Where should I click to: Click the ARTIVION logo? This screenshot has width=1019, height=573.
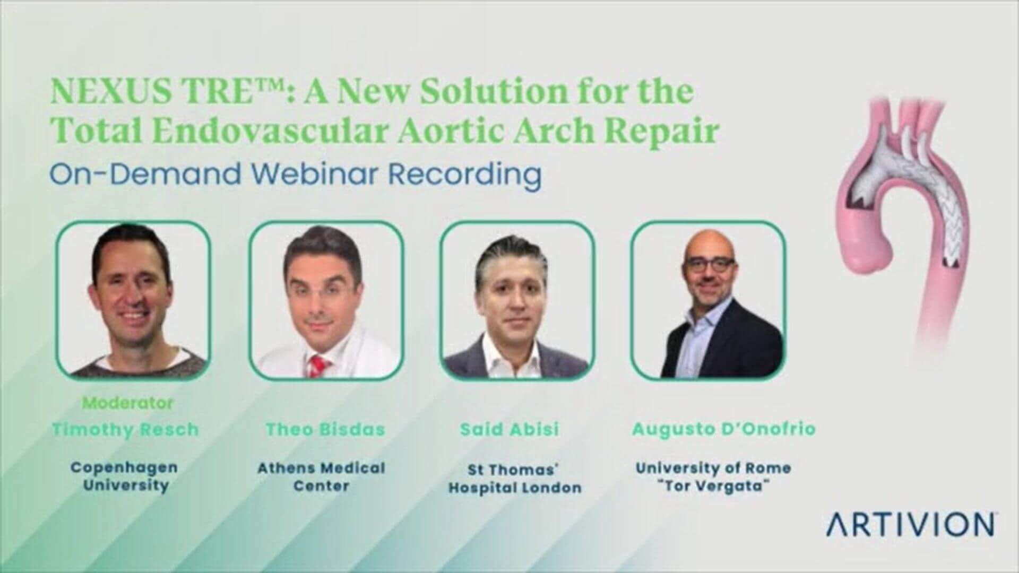pos(910,524)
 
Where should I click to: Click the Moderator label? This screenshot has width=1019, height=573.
pos(128,403)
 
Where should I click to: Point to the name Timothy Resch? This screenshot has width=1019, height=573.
pos(126,429)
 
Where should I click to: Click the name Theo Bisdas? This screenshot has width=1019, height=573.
pos(325,429)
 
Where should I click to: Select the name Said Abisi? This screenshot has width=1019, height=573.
pos(509,429)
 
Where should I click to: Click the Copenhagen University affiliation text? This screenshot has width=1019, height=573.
pos(125,476)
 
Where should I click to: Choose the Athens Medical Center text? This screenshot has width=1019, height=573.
pos(321,476)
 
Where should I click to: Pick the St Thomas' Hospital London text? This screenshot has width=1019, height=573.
pos(515,478)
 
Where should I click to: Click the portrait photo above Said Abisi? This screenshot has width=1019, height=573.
pos(517,300)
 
